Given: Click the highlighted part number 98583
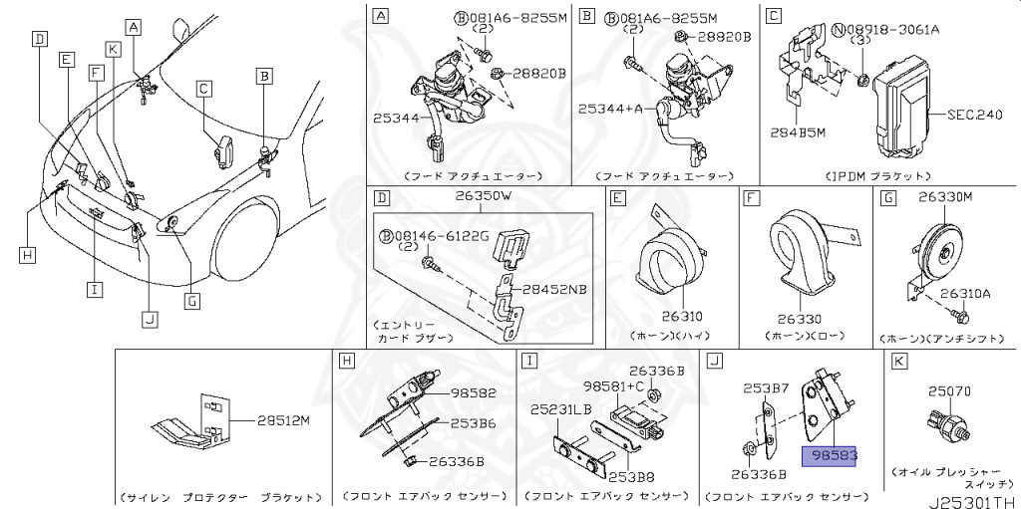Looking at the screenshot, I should click(836, 454).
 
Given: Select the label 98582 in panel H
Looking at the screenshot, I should click(474, 393).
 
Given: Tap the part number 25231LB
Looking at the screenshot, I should click(562, 408).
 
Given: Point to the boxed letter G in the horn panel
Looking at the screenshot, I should click(888, 197).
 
